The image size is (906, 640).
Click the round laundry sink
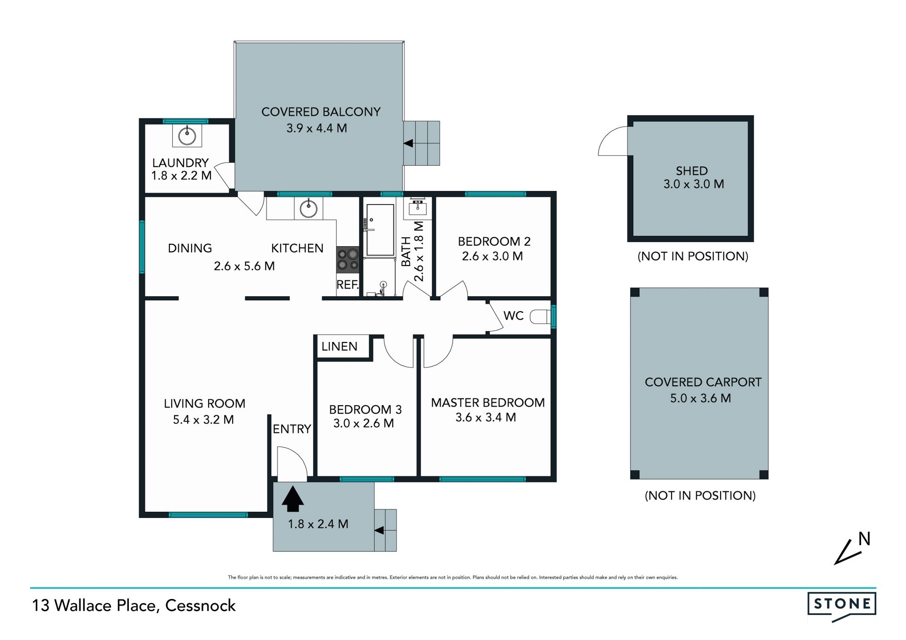coord(187,136)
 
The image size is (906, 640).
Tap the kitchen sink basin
coord(309,208)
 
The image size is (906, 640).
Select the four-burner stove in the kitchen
coord(348,260)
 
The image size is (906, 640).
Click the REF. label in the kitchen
coord(348,285)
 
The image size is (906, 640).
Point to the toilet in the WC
coord(541,316)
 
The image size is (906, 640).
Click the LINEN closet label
coord(339,347)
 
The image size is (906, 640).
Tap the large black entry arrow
coord(293,499)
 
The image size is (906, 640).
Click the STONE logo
coord(842,607)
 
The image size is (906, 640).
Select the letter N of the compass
coord(864,539)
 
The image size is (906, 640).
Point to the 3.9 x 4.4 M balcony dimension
coord(317,128)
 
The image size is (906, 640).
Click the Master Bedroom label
coord(488,403)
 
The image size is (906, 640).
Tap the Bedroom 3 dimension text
coord(363,424)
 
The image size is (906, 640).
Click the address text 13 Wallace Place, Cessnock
coord(134,606)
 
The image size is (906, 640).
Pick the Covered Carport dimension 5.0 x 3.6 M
coord(701,399)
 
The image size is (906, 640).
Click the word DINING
coord(190,249)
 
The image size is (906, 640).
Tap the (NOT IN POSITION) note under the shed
coord(693,257)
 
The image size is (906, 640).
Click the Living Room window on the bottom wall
coord(208,515)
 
